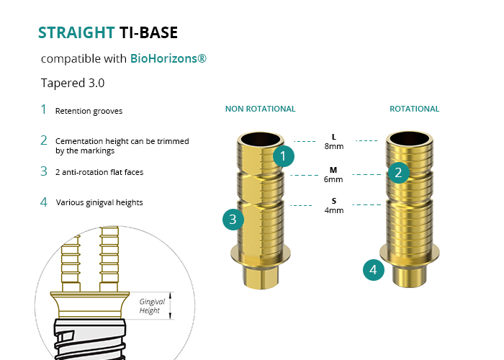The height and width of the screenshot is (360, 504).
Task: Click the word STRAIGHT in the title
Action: [x=76, y=32]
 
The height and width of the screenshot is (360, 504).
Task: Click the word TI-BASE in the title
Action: [x=149, y=32]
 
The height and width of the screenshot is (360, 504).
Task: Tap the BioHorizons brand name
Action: [x=168, y=58]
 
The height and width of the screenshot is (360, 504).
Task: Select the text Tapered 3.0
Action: [x=73, y=83]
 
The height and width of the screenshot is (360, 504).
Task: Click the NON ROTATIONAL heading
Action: [x=260, y=109]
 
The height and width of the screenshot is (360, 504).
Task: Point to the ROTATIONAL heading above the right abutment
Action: [x=414, y=109]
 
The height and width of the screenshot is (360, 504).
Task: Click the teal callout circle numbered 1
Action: [x=284, y=156]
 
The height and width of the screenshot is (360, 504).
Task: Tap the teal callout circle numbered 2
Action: [x=398, y=172]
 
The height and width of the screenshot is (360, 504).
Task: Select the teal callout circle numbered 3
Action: [x=233, y=220]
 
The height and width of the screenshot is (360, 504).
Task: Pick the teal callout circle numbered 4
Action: [x=373, y=270]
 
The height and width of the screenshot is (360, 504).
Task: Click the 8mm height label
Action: [x=333, y=146]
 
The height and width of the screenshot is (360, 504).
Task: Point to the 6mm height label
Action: [x=333, y=179]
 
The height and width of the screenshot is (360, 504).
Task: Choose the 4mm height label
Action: [x=333, y=210]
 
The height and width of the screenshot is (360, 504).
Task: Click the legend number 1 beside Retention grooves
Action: [x=43, y=110]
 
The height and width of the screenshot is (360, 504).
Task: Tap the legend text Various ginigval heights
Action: [x=99, y=202]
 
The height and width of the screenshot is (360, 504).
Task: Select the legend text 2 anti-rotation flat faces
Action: [x=103, y=172]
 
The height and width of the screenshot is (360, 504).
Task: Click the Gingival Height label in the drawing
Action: [x=150, y=306]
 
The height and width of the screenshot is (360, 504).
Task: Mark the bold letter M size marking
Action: [x=333, y=170]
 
